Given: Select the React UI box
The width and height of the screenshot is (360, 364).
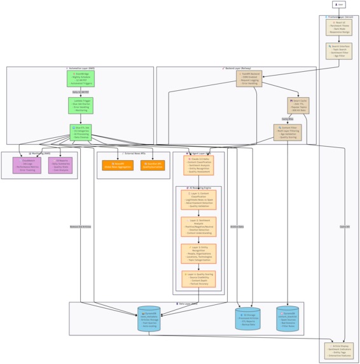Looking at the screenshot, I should [338, 27].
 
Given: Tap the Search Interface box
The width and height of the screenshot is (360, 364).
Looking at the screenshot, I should [338, 51].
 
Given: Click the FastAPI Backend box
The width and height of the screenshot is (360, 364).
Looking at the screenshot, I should [249, 78].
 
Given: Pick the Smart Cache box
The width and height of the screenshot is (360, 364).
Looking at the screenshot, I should [298, 105].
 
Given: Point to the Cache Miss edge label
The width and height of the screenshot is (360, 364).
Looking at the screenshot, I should [287, 119].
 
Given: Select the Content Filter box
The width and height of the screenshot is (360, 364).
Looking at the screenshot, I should [288, 132].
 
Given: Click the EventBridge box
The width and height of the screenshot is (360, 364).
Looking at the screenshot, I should [81, 78].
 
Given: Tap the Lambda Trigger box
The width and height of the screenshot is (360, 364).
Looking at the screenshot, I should [81, 105].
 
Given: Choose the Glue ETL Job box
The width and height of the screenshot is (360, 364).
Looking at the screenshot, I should [81, 132].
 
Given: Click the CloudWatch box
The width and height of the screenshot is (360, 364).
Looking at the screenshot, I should [27, 165].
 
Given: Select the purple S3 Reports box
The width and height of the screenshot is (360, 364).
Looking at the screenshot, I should [60, 165].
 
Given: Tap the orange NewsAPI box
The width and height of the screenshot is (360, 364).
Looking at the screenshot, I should [118, 165].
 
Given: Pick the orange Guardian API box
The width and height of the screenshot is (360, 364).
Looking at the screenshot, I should [152, 165].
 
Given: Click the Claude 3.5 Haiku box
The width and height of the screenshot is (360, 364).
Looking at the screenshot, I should [198, 165].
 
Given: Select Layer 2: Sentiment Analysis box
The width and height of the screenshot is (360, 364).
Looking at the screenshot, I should [198, 227].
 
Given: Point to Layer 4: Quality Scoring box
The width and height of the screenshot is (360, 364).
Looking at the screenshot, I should [198, 279].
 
